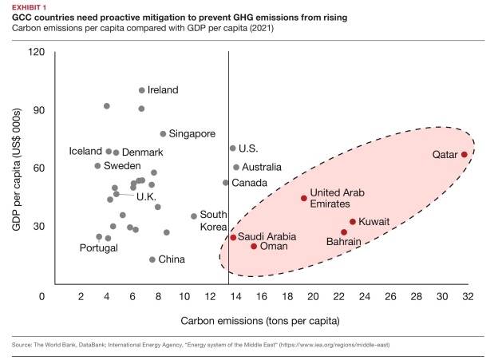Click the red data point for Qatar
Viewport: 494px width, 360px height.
(x=464, y=155)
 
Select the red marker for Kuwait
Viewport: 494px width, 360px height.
(x=353, y=222)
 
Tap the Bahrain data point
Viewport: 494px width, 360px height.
(x=344, y=232)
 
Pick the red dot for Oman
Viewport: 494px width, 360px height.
(x=254, y=246)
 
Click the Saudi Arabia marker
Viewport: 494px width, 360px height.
(x=233, y=237)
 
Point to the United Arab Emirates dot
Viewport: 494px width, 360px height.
(x=304, y=198)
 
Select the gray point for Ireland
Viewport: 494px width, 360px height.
(x=142, y=90)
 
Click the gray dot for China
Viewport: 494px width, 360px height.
(x=152, y=259)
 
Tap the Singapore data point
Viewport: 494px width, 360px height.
(x=163, y=134)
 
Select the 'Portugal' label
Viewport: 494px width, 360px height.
(x=99, y=247)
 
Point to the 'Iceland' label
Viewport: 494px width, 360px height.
(x=85, y=152)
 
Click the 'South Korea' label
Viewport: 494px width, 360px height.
(x=214, y=220)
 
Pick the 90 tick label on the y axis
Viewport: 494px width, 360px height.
(x=37, y=110)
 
